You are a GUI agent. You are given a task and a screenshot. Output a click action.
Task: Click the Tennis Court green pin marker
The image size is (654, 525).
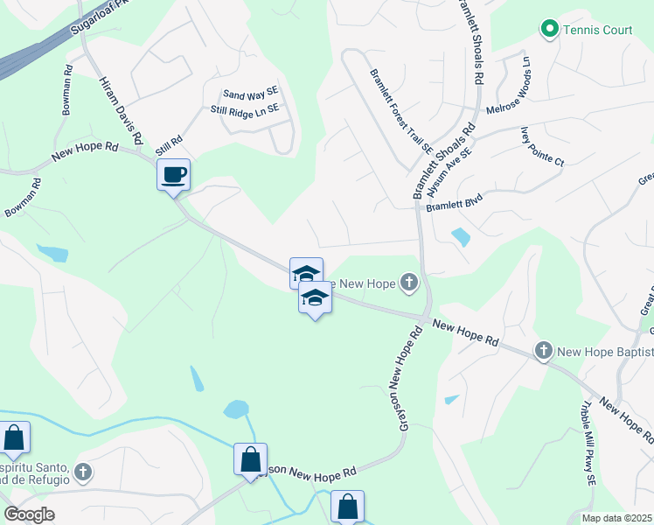pos(549,30)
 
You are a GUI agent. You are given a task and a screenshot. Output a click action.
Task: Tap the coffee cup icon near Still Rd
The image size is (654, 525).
pos(174,174)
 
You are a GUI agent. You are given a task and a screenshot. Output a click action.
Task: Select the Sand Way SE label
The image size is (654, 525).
pos(250,92)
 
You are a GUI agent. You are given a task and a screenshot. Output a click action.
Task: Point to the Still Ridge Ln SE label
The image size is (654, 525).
pos(244,109)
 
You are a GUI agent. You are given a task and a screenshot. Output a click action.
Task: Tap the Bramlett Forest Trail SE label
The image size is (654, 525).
pos(401,111)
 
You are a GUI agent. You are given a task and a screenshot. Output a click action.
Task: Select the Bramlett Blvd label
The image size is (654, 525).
pos(454,203)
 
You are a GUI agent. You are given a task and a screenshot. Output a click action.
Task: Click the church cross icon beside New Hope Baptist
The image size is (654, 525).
pos(543,352)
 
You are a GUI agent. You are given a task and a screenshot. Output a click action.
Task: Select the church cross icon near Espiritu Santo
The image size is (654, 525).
pos(83,473)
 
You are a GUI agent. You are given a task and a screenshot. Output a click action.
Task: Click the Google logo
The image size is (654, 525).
pos(30,514)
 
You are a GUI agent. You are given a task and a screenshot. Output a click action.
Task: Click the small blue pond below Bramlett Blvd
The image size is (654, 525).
pos(460,237)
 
